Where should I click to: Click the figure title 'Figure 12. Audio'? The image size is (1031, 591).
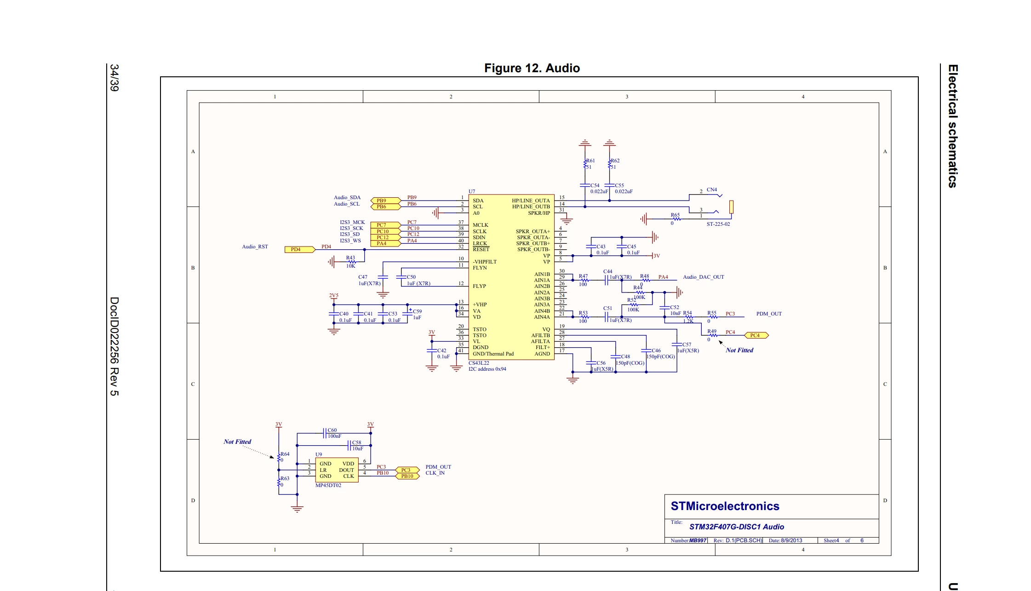pos(532,68)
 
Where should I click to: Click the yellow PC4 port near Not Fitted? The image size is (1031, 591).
pos(756,335)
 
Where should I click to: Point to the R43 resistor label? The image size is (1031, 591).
pos(350,258)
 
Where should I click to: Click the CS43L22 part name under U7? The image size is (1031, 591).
pos(479,363)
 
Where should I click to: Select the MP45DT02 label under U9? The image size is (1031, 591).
pos(328,485)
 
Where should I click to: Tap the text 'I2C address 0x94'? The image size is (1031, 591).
pos(487,369)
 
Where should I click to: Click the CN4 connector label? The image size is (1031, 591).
pos(712,189)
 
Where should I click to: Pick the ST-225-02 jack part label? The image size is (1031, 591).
pos(718,224)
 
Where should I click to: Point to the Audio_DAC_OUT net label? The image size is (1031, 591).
pos(704,277)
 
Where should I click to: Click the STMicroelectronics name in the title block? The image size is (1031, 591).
pos(725,506)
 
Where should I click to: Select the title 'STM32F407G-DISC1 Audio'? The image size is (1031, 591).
pos(737,527)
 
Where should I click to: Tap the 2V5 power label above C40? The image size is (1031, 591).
pos(333,295)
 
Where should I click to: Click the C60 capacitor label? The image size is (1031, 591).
pos(332,430)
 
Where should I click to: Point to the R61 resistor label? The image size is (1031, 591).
pos(590,161)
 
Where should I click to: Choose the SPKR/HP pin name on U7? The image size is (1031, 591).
pos(539,213)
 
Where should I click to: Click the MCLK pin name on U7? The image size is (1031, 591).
pos(481,225)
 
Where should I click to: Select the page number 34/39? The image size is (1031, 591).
pos(114,78)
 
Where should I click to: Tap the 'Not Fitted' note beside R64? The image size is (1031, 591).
pos(237,442)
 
